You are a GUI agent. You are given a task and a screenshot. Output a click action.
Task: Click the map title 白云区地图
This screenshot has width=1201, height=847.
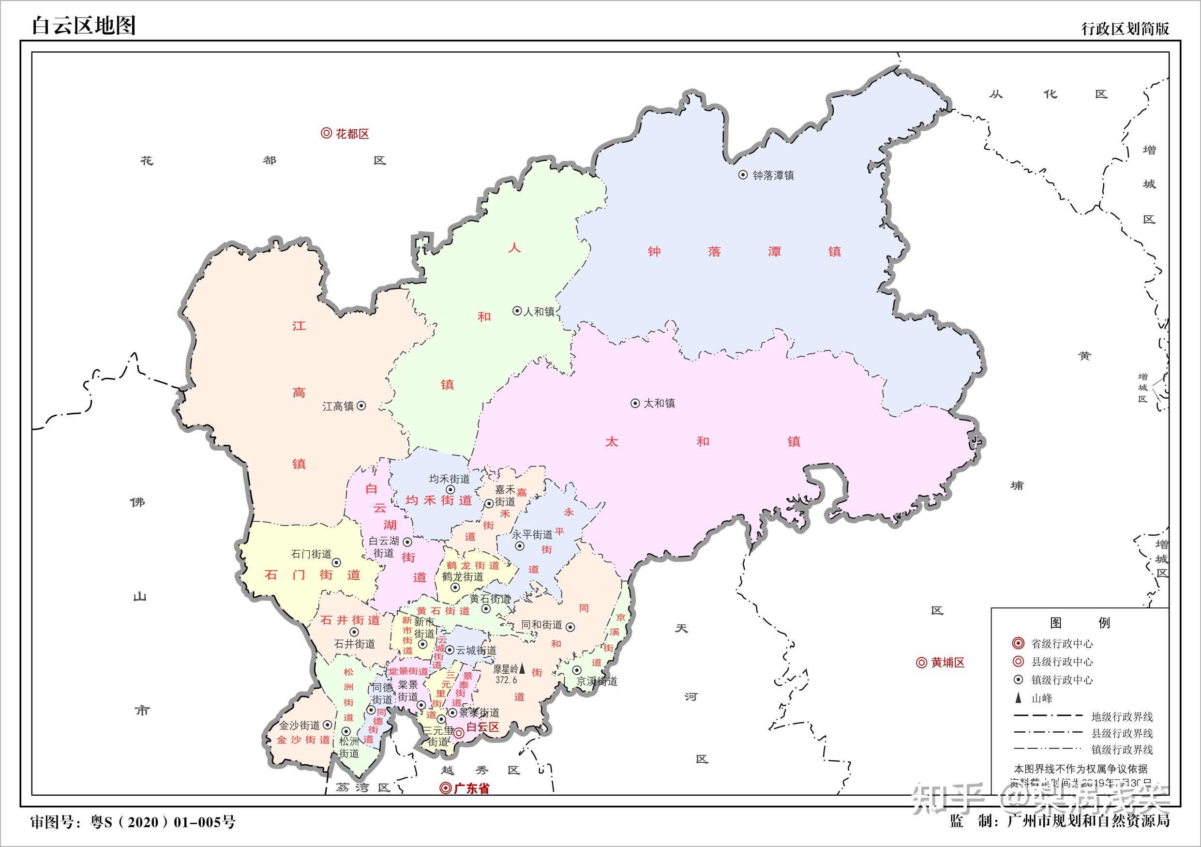pos(84,25)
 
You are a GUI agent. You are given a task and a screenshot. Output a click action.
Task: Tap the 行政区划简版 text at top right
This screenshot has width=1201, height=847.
pos(1125,29)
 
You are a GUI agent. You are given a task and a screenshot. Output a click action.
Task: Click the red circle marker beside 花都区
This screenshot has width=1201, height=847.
pos(327,134)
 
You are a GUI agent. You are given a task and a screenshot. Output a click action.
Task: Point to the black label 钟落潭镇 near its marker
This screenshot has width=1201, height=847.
pos(773,176)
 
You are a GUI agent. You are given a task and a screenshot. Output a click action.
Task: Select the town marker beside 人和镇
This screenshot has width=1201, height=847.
pos(517,311)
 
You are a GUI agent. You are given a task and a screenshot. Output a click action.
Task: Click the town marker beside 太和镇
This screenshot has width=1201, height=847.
pos(635,403)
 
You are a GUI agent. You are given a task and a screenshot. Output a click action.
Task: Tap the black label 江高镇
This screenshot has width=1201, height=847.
pos(338,407)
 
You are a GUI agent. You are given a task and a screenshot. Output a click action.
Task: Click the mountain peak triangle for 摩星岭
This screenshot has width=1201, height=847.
pos(522,668)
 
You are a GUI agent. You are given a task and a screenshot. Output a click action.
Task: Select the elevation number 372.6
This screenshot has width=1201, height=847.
pos(506,680)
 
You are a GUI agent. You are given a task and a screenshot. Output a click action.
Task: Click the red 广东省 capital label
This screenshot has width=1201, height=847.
pos(471,788)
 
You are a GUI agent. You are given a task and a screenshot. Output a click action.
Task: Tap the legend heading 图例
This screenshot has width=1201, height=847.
pos(1080,622)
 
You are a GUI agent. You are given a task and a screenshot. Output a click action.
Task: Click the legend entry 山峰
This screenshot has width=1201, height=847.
pos(1041,698)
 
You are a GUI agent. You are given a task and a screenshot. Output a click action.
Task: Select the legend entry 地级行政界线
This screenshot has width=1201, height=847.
pos(1122,717)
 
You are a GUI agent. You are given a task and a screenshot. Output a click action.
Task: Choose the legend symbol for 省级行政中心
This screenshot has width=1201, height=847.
pos(1018,644)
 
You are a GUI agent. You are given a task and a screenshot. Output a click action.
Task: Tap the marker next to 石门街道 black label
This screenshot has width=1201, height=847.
pos(337,562)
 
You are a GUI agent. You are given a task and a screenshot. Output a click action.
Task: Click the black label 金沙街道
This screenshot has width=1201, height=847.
pos(299,726)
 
